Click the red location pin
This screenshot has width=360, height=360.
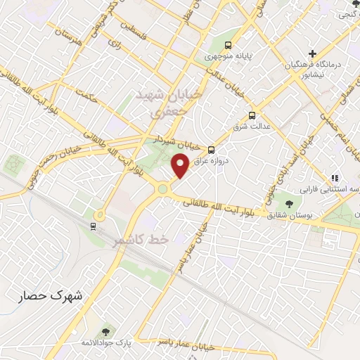(180, 165)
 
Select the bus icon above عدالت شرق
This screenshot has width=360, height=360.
(252, 116)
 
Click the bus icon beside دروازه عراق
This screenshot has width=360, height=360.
(212, 149)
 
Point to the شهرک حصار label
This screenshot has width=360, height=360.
(51, 296)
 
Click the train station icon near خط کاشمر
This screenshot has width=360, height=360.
(94, 225)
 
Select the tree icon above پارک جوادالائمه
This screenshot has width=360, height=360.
(106, 330)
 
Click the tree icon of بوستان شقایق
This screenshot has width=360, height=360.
(290, 204)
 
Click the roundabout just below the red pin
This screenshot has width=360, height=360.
(164, 188)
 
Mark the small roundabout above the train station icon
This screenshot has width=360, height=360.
(100, 214)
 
